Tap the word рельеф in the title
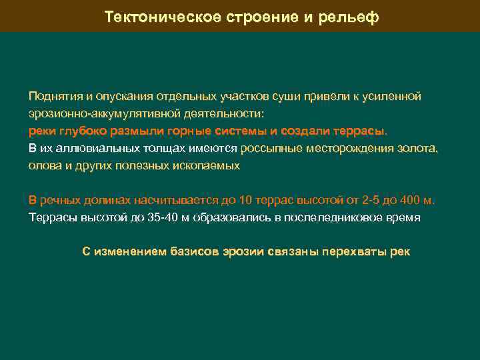(352, 17)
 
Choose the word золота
(419, 148)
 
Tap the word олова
(43, 165)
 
